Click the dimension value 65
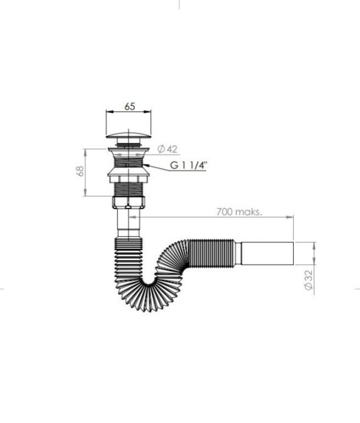click(130, 106)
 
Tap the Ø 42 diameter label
click(167, 149)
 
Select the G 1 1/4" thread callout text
click(189, 165)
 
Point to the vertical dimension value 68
click(80, 171)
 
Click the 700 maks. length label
click(239, 211)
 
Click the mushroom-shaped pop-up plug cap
click(128, 135)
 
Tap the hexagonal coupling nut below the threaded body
click(128, 202)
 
